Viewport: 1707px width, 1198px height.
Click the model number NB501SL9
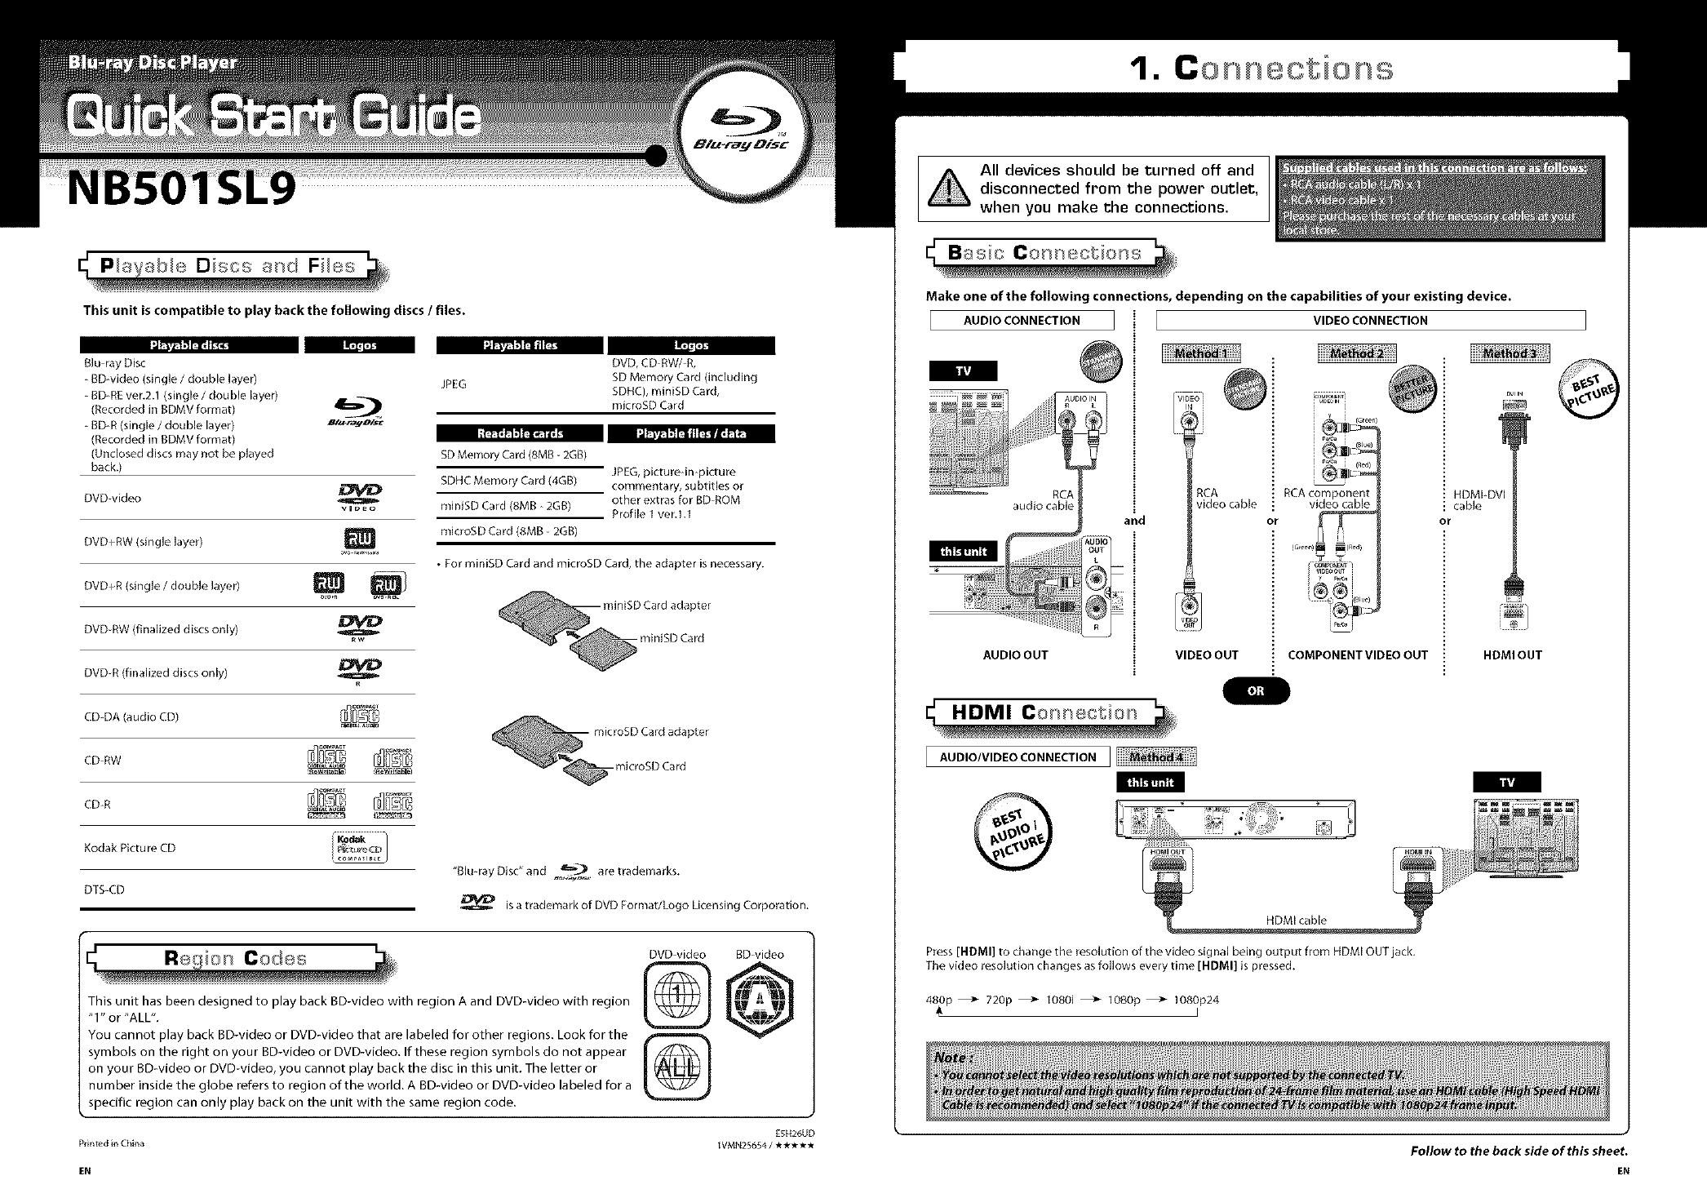coord(182,189)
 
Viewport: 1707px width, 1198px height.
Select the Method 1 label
coord(1200,353)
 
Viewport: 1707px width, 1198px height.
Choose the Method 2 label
coord(1356,353)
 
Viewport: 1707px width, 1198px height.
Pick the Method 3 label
coord(1510,353)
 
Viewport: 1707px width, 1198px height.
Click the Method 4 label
coord(1155,757)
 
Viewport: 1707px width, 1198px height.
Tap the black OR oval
coord(1255,690)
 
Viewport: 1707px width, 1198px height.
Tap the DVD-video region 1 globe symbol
coord(676,995)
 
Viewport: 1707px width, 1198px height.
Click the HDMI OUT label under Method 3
coord(1512,654)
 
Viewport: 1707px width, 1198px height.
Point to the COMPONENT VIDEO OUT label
coord(1358,654)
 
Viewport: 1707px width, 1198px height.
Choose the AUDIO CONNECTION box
coord(1022,321)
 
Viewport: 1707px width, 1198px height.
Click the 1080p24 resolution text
coord(1195,1000)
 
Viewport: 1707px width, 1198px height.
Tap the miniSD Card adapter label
coord(656,606)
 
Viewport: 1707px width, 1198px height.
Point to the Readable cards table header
coord(520,433)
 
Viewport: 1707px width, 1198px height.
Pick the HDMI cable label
coord(1296,920)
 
